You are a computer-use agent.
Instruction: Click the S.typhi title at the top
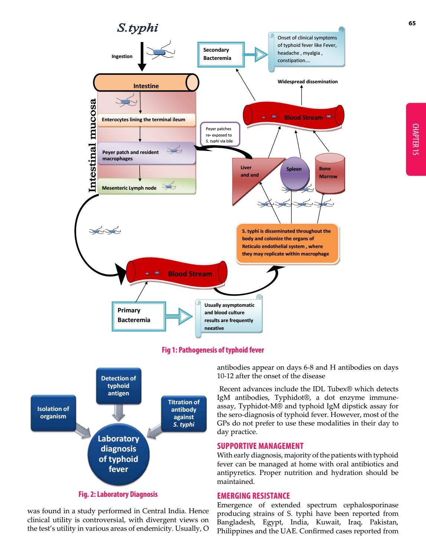tap(137, 28)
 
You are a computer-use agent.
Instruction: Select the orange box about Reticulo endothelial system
tap(287, 243)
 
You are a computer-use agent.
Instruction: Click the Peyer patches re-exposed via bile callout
tap(220, 135)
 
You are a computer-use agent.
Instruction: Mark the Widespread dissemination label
tap(308, 82)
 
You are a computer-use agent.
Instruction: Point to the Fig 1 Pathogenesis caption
tap(213, 350)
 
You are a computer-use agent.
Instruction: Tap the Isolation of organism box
tap(53, 413)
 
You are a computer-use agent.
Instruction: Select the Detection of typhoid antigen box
tap(118, 386)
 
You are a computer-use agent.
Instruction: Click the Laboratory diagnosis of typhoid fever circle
tap(118, 454)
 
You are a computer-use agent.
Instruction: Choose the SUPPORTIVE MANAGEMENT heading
tap(260, 446)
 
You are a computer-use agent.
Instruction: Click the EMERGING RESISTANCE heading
tap(253, 496)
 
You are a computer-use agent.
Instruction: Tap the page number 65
tap(412, 23)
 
